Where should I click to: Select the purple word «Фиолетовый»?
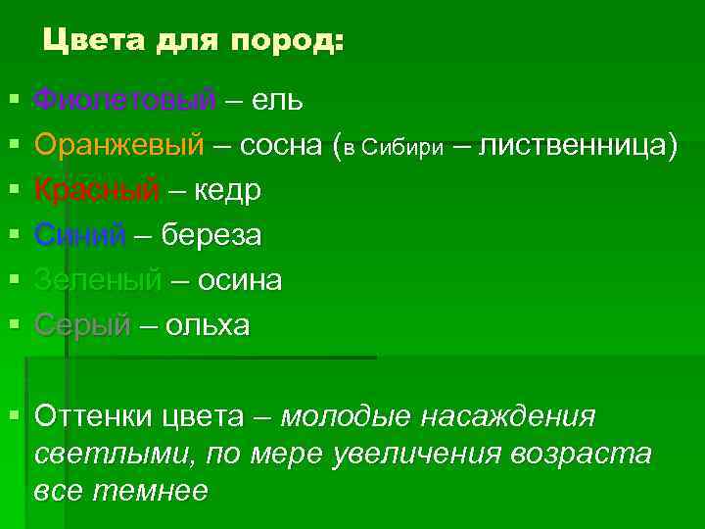click(x=124, y=100)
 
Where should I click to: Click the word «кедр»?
click(x=227, y=190)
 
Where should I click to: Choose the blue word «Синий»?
click(x=80, y=235)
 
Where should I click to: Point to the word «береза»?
click(x=211, y=235)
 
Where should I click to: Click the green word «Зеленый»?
click(x=97, y=280)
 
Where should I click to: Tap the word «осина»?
click(x=240, y=280)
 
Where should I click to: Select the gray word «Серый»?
click(x=81, y=325)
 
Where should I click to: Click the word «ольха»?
click(x=208, y=325)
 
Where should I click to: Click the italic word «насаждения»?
click(x=507, y=416)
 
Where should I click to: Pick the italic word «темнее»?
click(x=151, y=491)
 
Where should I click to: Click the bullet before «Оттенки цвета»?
click(x=13, y=414)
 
